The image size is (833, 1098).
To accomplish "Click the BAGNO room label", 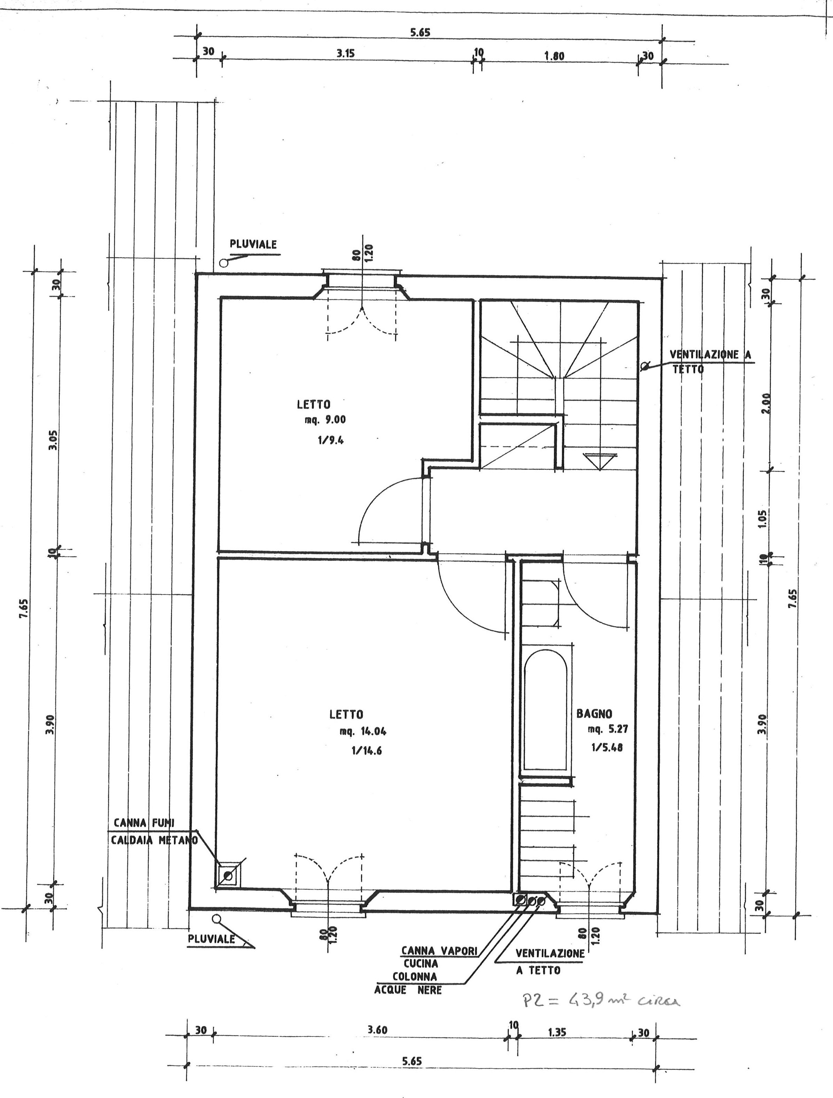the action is [594, 714].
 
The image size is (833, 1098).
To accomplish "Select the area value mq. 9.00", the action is [325, 419].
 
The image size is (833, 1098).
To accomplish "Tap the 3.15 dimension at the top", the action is [345, 54].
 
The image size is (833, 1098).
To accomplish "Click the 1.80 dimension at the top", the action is [554, 56].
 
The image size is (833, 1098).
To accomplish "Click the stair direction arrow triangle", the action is [600, 461].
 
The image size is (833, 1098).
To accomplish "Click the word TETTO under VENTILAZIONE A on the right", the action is [688, 369].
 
